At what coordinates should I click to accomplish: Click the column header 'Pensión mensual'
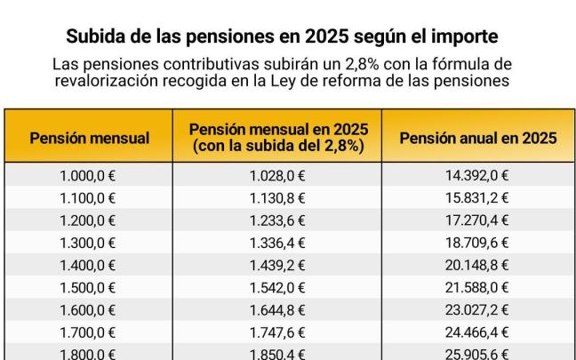click(89, 138)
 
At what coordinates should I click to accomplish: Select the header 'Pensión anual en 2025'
click(477, 138)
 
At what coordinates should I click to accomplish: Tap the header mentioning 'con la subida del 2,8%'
click(278, 146)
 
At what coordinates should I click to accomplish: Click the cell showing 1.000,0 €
click(89, 175)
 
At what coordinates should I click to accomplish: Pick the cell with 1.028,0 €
click(278, 175)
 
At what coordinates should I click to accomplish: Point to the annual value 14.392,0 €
click(477, 175)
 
